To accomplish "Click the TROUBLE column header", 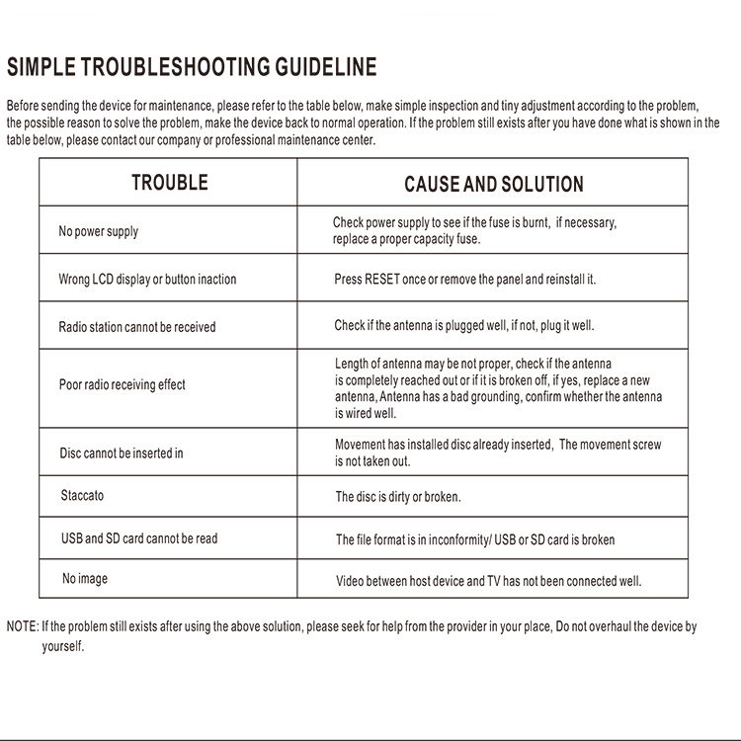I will click(170, 183).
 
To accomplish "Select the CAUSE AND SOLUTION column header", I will click(493, 185).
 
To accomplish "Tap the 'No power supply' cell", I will click(99, 231).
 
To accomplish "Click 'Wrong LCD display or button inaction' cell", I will click(147, 280).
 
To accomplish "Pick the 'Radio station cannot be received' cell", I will click(136, 327).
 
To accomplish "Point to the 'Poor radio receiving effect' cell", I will click(122, 385).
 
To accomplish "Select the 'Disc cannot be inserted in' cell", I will click(122, 453).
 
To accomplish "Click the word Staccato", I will click(82, 495).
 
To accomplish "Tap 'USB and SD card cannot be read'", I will click(139, 539).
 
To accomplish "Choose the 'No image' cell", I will click(85, 579).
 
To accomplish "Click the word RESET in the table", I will click(382, 280).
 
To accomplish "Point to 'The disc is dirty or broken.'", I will click(398, 497).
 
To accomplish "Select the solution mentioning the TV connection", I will click(488, 581).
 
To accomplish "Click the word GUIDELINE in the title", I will click(326, 68).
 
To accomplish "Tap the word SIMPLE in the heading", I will click(41, 68).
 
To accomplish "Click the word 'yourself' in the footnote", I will click(62, 647).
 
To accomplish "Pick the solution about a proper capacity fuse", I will click(474, 231).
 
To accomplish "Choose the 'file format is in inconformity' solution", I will click(474, 540).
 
